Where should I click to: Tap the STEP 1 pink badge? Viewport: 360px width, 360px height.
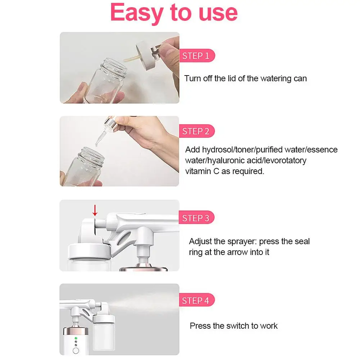pyautogui.click(x=196, y=56)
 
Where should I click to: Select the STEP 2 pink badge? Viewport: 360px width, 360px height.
pyautogui.click(x=196, y=131)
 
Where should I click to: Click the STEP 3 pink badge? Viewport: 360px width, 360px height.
pyautogui.click(x=196, y=218)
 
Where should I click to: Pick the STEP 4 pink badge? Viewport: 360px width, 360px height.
pyautogui.click(x=196, y=300)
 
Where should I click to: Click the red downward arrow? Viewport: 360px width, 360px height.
pyautogui.click(x=95, y=209)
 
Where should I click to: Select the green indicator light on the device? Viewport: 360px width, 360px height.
pyautogui.click(x=76, y=338)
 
